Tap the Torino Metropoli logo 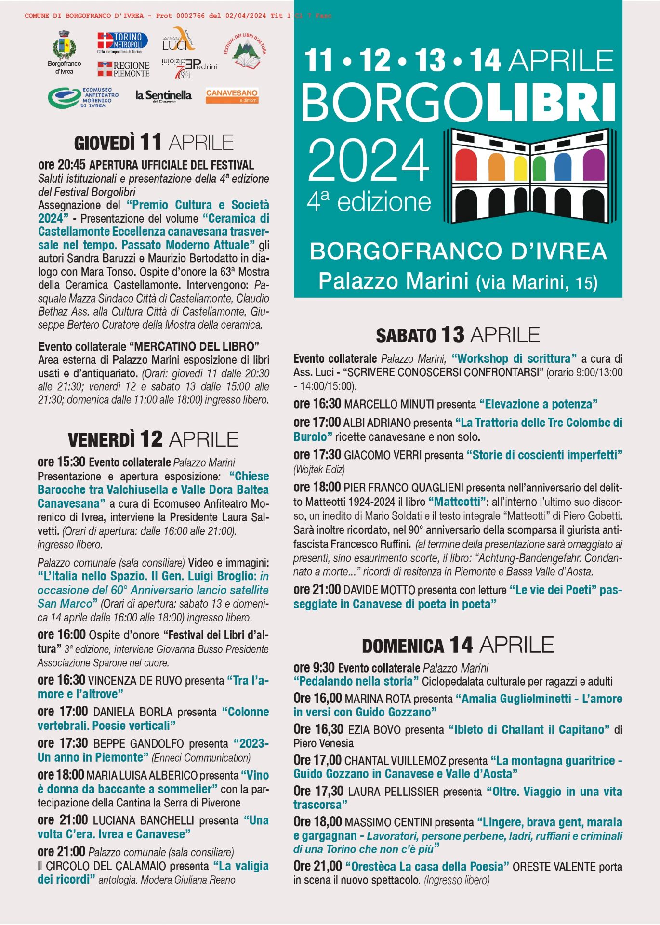click(122, 42)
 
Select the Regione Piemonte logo click(123, 69)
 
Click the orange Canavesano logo click(232, 95)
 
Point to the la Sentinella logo click(163, 96)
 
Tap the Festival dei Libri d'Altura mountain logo click(245, 52)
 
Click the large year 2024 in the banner click(369, 160)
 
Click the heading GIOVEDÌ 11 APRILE click(154, 143)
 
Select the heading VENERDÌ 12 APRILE click(153, 439)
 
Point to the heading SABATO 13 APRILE click(458, 335)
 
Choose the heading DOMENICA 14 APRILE click(458, 645)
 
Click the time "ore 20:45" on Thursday click(62, 165)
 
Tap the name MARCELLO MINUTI click(389, 404)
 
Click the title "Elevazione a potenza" click(539, 404)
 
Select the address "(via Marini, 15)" click(537, 282)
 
